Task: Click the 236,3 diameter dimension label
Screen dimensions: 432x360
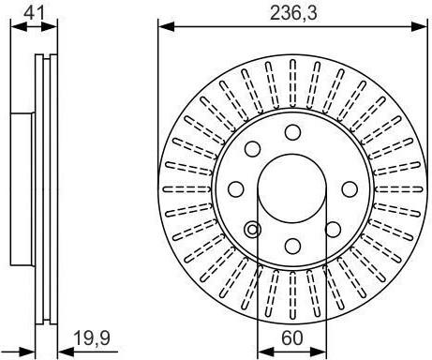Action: (293, 13)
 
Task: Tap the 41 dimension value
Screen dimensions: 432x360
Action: (35, 13)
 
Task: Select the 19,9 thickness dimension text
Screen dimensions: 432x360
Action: (92, 338)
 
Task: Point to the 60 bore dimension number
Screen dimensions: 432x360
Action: (292, 338)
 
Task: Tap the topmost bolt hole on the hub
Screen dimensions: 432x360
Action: (292, 132)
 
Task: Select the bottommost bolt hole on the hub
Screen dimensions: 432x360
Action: (292, 246)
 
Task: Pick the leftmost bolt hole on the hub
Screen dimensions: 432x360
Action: (236, 189)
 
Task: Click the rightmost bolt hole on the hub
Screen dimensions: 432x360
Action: (350, 189)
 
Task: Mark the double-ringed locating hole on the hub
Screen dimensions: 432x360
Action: (253, 230)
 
